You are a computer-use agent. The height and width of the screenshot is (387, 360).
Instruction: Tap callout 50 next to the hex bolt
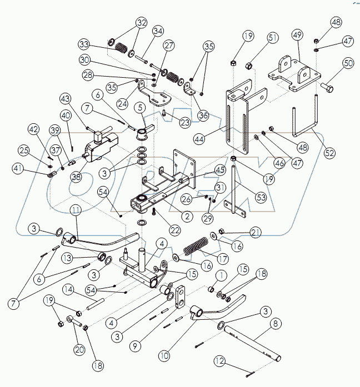pos(348,63)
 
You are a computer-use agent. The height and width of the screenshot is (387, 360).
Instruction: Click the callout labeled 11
pos(76,210)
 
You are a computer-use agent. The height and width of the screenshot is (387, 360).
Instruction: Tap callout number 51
pos(272,38)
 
